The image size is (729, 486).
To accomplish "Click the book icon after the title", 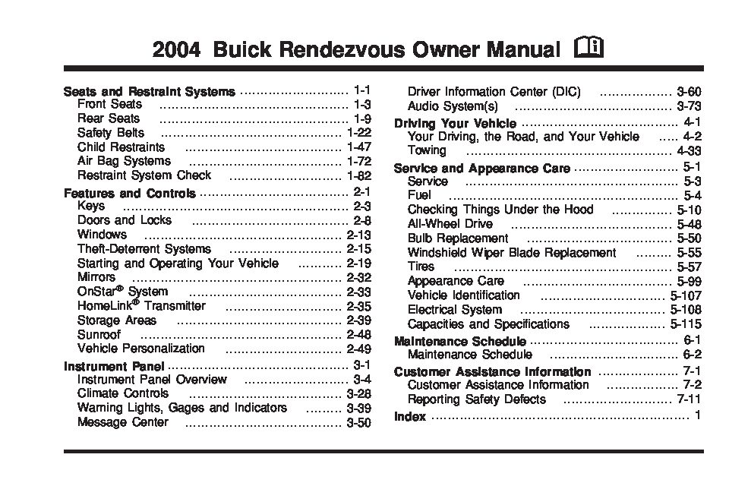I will (589, 51).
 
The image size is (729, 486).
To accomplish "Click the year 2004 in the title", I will (177, 52).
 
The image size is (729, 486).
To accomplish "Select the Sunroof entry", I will (99, 335).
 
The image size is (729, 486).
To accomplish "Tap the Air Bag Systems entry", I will (124, 161).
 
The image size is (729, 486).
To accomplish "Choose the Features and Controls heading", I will (130, 194).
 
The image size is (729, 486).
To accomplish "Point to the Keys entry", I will (91, 207).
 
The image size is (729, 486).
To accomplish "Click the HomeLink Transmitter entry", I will (141, 306).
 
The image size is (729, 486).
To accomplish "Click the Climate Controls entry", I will (123, 393).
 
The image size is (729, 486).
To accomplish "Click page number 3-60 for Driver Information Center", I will (689, 93).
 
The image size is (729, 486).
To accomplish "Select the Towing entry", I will (427, 151).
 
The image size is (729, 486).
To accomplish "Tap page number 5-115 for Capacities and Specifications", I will (686, 324).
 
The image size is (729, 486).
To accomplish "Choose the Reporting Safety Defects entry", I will (476, 399).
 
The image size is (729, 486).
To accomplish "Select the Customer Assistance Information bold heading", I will (492, 372).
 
